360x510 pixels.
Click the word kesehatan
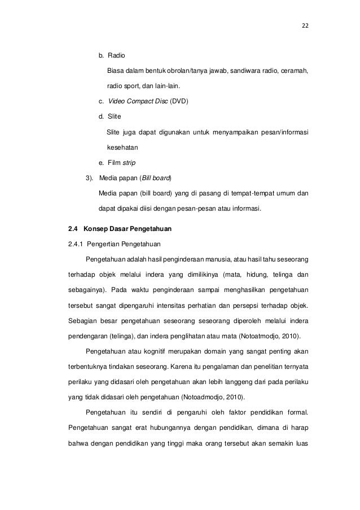click(122, 147)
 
